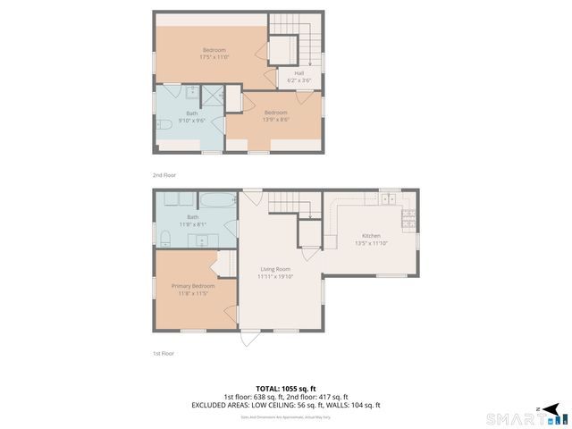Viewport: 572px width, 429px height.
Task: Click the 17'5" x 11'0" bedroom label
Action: (x=214, y=53)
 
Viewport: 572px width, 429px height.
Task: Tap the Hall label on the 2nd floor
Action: (x=299, y=77)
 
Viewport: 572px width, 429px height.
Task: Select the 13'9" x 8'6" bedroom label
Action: (x=275, y=115)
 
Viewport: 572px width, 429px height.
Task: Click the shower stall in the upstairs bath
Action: (x=214, y=96)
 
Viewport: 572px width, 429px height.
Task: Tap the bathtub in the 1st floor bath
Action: (x=218, y=199)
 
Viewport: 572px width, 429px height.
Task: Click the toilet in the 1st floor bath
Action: (x=166, y=237)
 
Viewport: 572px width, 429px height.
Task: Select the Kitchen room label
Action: (x=371, y=239)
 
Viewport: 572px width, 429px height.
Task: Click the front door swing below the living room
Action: (x=249, y=340)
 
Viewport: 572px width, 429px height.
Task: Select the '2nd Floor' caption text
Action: (x=164, y=174)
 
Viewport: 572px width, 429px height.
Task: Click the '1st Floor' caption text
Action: (x=162, y=354)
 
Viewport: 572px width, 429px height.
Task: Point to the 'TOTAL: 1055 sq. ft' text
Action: (x=286, y=388)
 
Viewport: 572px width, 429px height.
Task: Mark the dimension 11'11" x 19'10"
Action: (x=275, y=277)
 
